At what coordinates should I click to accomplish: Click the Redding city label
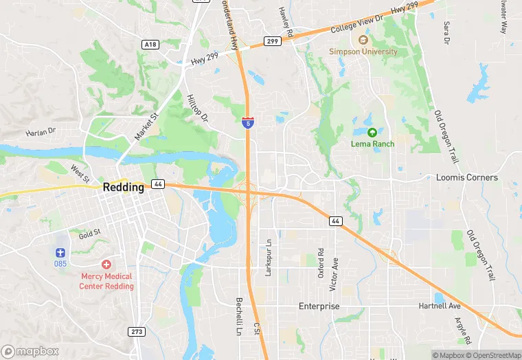click(x=124, y=187)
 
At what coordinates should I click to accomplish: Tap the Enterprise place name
click(x=319, y=306)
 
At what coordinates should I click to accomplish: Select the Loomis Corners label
click(x=467, y=177)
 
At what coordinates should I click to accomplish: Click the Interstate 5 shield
click(x=247, y=122)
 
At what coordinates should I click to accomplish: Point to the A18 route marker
click(x=150, y=44)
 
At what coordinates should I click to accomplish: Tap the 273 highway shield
click(x=137, y=332)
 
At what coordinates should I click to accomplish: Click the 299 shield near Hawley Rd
click(x=272, y=41)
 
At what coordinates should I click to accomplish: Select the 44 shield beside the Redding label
click(x=158, y=184)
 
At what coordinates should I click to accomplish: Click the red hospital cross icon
click(x=106, y=265)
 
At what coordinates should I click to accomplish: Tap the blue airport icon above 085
click(x=60, y=252)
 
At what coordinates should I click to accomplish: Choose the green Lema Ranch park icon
click(x=372, y=133)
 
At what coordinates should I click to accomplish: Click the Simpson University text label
click(x=363, y=52)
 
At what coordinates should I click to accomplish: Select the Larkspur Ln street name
click(x=269, y=258)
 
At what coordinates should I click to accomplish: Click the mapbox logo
click(x=30, y=351)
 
